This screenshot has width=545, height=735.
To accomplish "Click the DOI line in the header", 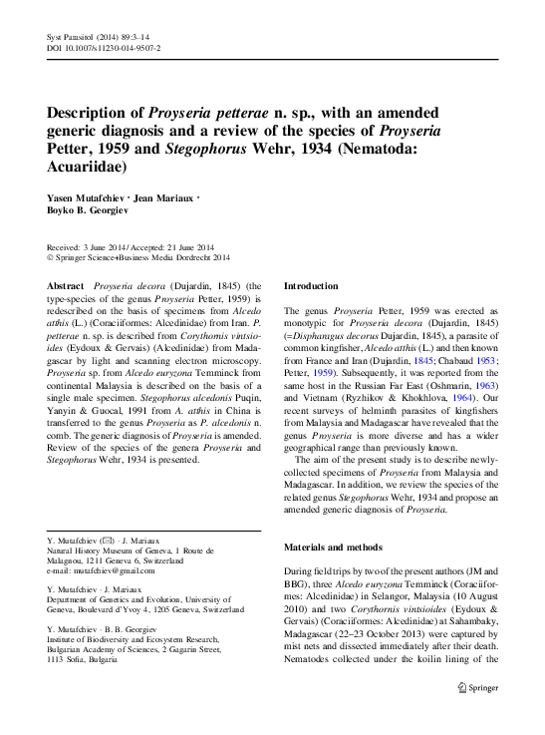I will point(104,47).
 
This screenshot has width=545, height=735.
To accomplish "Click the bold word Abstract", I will point(66,285).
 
